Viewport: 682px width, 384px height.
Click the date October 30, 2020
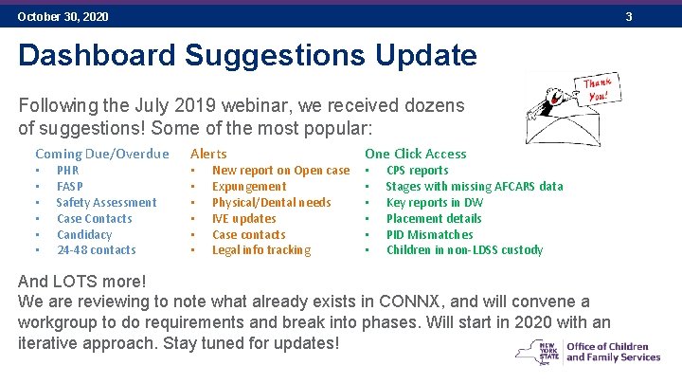click(63, 17)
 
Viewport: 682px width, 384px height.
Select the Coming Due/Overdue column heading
click(101, 154)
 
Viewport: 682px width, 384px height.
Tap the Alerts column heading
click(208, 154)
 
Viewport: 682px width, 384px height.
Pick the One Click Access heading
click(415, 154)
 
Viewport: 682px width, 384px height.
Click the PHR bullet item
click(67, 171)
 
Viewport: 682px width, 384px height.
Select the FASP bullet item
click(69, 187)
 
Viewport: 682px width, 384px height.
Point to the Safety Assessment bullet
click(106, 202)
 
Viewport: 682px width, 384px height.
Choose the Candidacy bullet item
click(84, 234)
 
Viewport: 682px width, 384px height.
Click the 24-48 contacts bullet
click(96, 250)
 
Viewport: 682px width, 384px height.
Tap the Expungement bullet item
click(248, 187)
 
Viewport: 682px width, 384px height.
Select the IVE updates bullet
click(243, 218)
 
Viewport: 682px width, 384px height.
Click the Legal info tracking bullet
click(260, 250)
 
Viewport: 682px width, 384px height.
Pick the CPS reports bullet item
click(417, 171)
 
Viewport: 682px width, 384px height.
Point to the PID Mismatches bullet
click(429, 234)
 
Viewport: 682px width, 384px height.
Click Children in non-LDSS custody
click(464, 250)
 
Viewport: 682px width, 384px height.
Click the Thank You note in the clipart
click(598, 90)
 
